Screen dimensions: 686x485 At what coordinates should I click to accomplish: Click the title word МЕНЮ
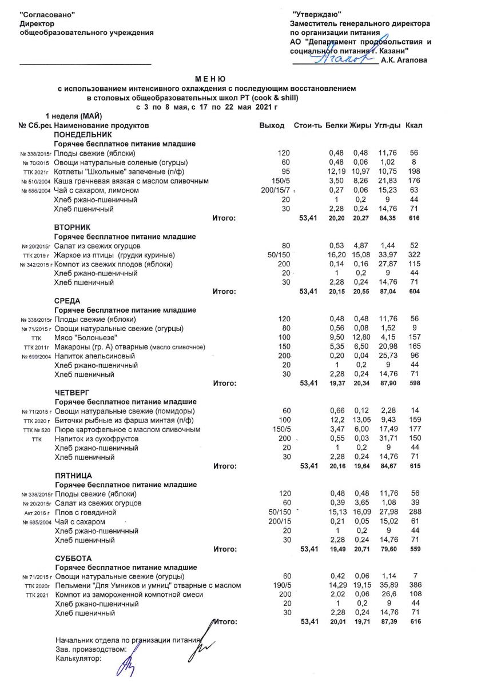pyautogui.click(x=210, y=78)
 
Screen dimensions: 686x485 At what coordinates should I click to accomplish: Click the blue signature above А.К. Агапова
pyautogui.click(x=337, y=58)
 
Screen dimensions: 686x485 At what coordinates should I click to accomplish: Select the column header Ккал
pyautogui.click(x=414, y=125)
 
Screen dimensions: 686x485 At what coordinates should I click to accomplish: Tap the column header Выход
pyautogui.click(x=272, y=125)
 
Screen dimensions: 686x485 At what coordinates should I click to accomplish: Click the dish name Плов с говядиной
pyautogui.click(x=85, y=513)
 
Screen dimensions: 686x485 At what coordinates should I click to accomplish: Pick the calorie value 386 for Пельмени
pyautogui.click(x=415, y=585)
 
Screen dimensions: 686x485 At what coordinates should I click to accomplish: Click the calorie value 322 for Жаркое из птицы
pyautogui.click(x=415, y=254)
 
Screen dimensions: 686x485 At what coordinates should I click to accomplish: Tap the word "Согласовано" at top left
pyautogui.click(x=47, y=13)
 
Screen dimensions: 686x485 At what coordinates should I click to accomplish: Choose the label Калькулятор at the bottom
pyautogui.click(x=78, y=658)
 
